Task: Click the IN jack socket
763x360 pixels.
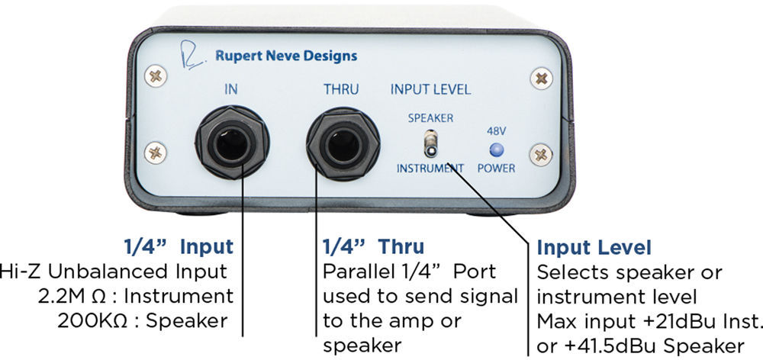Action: point(232,144)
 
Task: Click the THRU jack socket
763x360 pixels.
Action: point(343,144)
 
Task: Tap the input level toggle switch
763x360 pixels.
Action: point(430,144)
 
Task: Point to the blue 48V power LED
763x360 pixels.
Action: point(496,149)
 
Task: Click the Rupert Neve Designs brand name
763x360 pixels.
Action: point(286,56)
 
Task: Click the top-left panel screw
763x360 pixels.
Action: point(156,76)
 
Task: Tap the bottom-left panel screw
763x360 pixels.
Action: point(156,153)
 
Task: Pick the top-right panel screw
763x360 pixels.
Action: point(541,78)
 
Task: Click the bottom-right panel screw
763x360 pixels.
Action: point(541,154)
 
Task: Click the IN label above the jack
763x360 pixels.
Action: point(230,89)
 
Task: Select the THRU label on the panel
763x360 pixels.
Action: point(341,89)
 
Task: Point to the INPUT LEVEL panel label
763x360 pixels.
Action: point(430,89)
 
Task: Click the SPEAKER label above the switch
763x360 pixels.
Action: point(430,117)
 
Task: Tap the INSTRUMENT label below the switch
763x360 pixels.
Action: point(430,169)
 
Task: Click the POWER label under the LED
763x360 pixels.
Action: point(496,169)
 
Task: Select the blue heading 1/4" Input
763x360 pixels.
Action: point(179,247)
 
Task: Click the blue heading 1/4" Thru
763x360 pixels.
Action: point(373,247)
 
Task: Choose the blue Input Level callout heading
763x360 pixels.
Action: point(594,248)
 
